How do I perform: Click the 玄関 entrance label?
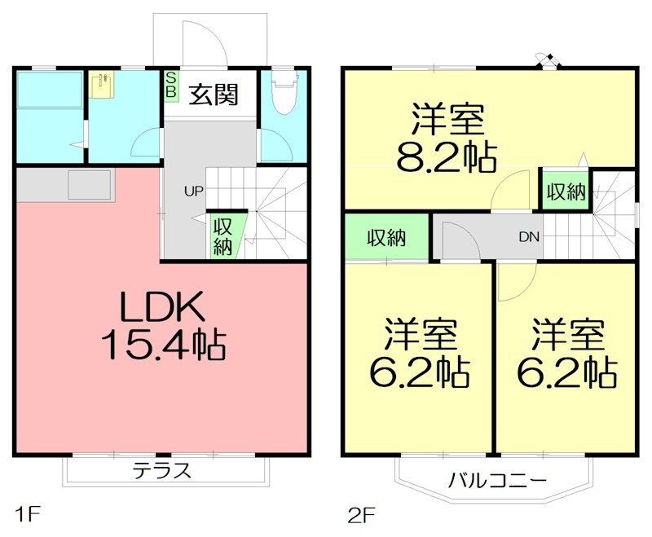[214, 95]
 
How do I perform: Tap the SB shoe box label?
[171, 85]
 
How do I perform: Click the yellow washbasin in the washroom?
[103, 86]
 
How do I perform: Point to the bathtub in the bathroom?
[49, 89]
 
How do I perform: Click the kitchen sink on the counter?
[89, 185]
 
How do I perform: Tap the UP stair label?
[193, 192]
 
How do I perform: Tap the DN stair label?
[528, 237]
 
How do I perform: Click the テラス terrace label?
[162, 470]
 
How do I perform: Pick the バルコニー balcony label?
[496, 478]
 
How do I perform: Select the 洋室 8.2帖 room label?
[446, 139]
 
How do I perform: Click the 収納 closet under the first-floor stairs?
[222, 237]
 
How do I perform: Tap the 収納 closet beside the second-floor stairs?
[566, 192]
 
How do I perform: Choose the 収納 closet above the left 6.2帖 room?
[385, 238]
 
